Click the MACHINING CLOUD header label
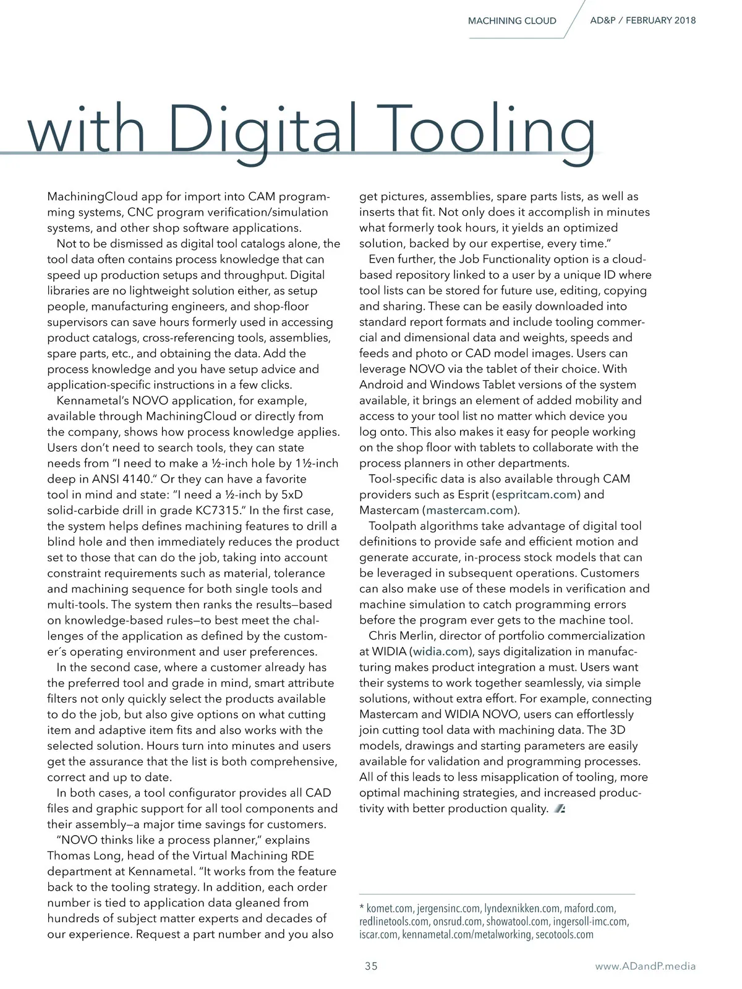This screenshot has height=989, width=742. coord(512,21)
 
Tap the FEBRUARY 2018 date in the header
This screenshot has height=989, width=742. coord(660,20)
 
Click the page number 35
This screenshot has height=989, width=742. coord(371,966)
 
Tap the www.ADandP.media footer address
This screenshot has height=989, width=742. coord(645,966)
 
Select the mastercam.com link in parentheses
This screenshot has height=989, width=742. coord(470,510)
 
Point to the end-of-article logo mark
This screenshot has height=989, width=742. coord(560,809)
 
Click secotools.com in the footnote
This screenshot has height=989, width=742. coord(563,935)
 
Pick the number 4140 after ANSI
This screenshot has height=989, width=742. coord(132,479)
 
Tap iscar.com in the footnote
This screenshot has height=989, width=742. coord(378,935)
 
